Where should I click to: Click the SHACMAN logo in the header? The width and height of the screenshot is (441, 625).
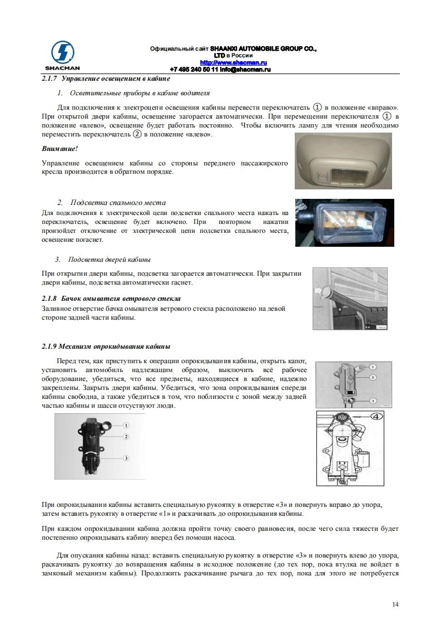tap(62, 56)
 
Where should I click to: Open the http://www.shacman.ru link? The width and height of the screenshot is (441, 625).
tap(233, 62)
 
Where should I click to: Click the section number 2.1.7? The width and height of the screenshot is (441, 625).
tap(49, 79)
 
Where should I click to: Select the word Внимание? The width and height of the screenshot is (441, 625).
tap(60, 149)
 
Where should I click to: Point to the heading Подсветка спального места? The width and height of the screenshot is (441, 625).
tap(118, 203)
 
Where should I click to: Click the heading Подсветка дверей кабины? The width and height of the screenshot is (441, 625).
tap(110, 260)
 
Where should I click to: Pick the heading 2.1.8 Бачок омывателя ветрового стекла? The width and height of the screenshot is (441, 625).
tap(111, 299)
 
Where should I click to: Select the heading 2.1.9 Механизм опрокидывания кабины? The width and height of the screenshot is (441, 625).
tap(106, 346)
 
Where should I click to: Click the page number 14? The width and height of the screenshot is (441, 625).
tap(395, 604)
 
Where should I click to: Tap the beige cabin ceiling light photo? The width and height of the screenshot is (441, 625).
tap(343, 160)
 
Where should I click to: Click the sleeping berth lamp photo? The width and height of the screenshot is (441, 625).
tap(345, 223)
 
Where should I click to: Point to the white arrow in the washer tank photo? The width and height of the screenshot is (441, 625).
tap(319, 291)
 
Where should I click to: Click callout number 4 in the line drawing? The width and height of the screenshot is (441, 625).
tap(376, 417)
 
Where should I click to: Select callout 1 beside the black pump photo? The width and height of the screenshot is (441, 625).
tap(126, 426)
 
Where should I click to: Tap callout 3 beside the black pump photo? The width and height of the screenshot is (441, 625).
tap(126, 458)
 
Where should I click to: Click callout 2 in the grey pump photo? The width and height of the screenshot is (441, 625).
tap(373, 377)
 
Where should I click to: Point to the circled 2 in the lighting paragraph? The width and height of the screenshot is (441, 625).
tap(137, 134)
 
